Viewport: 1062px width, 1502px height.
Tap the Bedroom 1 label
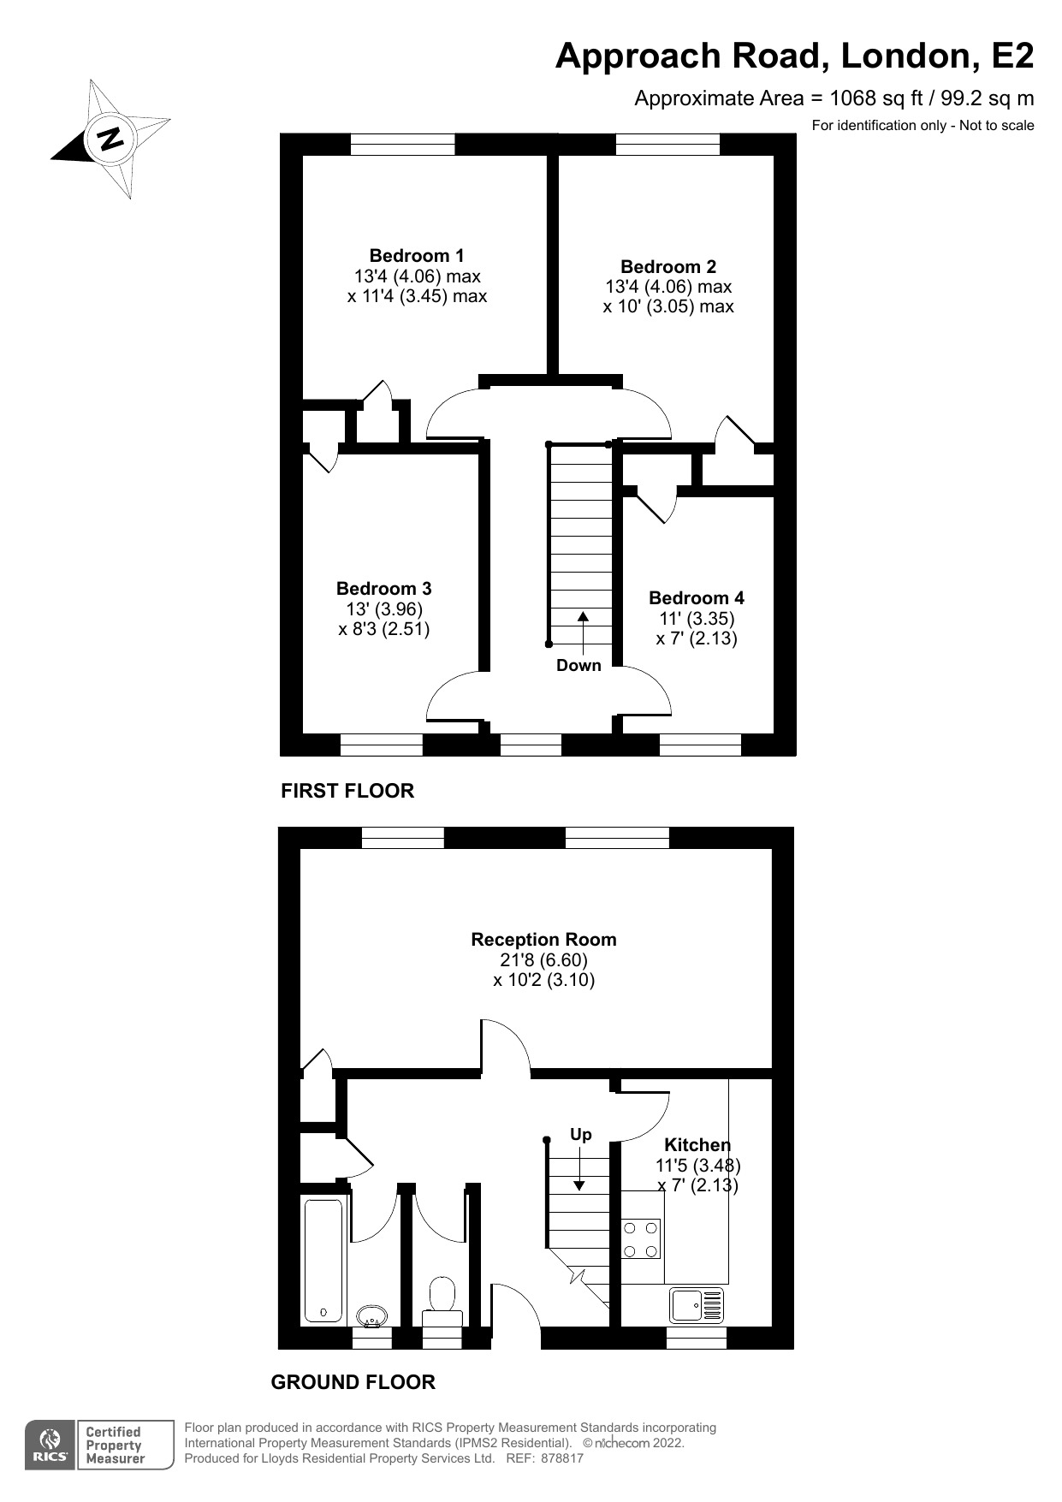(417, 255)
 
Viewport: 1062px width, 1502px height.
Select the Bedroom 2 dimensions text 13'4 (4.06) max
(668, 287)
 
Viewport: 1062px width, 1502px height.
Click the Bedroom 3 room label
(383, 589)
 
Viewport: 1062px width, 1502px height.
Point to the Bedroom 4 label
(697, 598)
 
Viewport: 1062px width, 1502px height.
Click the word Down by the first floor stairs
(578, 666)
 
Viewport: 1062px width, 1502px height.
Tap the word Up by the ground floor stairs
(581, 1135)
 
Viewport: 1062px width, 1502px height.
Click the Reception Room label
(543, 940)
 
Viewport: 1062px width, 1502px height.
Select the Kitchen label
(697, 1145)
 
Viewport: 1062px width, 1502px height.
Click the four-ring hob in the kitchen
(641, 1239)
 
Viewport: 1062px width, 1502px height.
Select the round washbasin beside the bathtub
(371, 1315)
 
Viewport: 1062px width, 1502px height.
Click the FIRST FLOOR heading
(347, 791)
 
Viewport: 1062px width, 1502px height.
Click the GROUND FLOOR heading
(353, 1382)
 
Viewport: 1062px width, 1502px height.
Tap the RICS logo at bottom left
(50, 1446)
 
